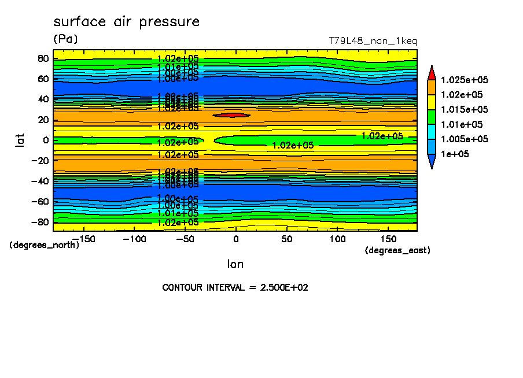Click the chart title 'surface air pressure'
click(126, 22)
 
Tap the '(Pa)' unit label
click(65, 39)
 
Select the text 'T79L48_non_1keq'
click(373, 41)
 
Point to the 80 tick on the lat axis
click(43, 58)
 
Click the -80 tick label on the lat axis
click(41, 222)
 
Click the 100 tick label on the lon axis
click(337, 239)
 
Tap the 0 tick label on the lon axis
click(235, 239)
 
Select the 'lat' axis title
click(20, 139)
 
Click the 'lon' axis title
click(235, 264)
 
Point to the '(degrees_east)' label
click(397, 250)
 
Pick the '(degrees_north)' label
click(45, 244)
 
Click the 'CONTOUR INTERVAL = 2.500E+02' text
click(235, 287)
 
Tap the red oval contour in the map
click(231, 115)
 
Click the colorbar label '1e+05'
click(454, 154)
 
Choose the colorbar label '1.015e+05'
click(464, 110)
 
